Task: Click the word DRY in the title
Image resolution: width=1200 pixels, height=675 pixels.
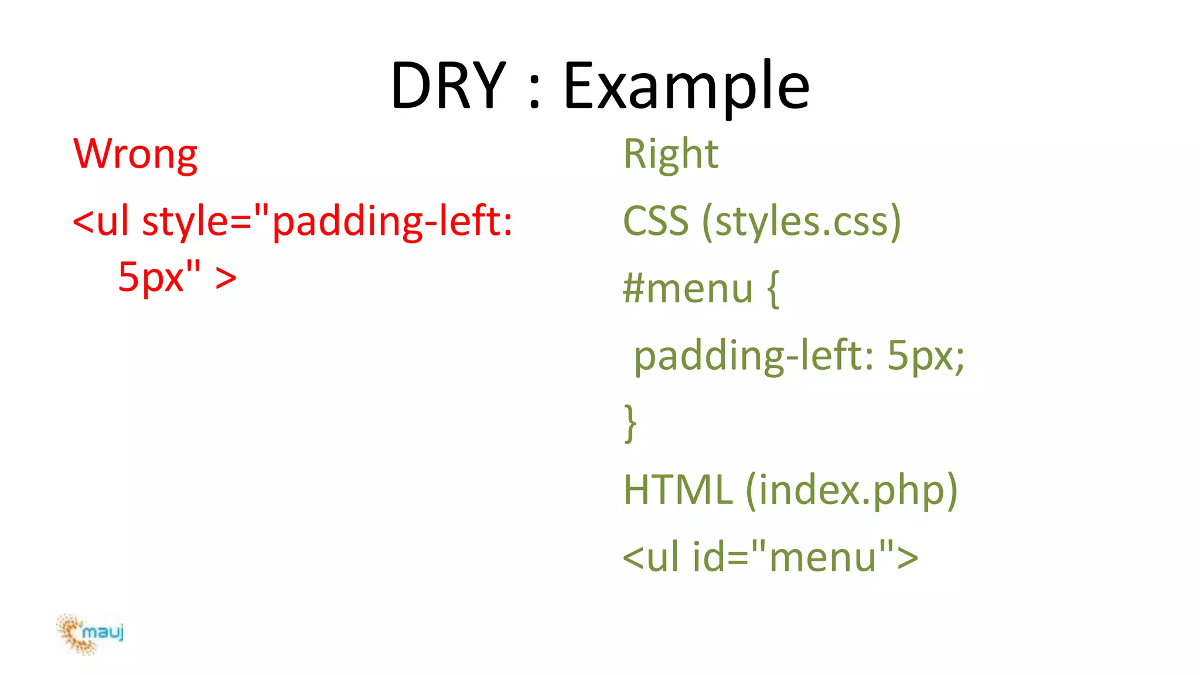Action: pyautogui.click(x=448, y=86)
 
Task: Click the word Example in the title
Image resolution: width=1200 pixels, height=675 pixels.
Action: pyautogui.click(x=686, y=86)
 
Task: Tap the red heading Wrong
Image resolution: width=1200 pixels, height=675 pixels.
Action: pyautogui.click(x=135, y=154)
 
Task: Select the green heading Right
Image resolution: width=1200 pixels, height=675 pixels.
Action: pyautogui.click(x=670, y=154)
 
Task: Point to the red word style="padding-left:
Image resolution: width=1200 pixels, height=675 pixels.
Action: pyautogui.click(x=328, y=221)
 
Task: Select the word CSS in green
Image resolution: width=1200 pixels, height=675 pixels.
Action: pyautogui.click(x=656, y=221)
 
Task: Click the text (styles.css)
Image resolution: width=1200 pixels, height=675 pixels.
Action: pyautogui.click(x=802, y=221)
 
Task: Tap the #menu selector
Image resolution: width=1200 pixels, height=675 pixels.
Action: pyautogui.click(x=688, y=289)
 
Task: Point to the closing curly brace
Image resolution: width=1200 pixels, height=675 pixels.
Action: pyautogui.click(x=630, y=423)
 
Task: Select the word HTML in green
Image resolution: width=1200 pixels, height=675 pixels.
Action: pyautogui.click(x=678, y=490)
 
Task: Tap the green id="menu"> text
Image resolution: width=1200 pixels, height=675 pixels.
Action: pyautogui.click(x=805, y=557)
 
